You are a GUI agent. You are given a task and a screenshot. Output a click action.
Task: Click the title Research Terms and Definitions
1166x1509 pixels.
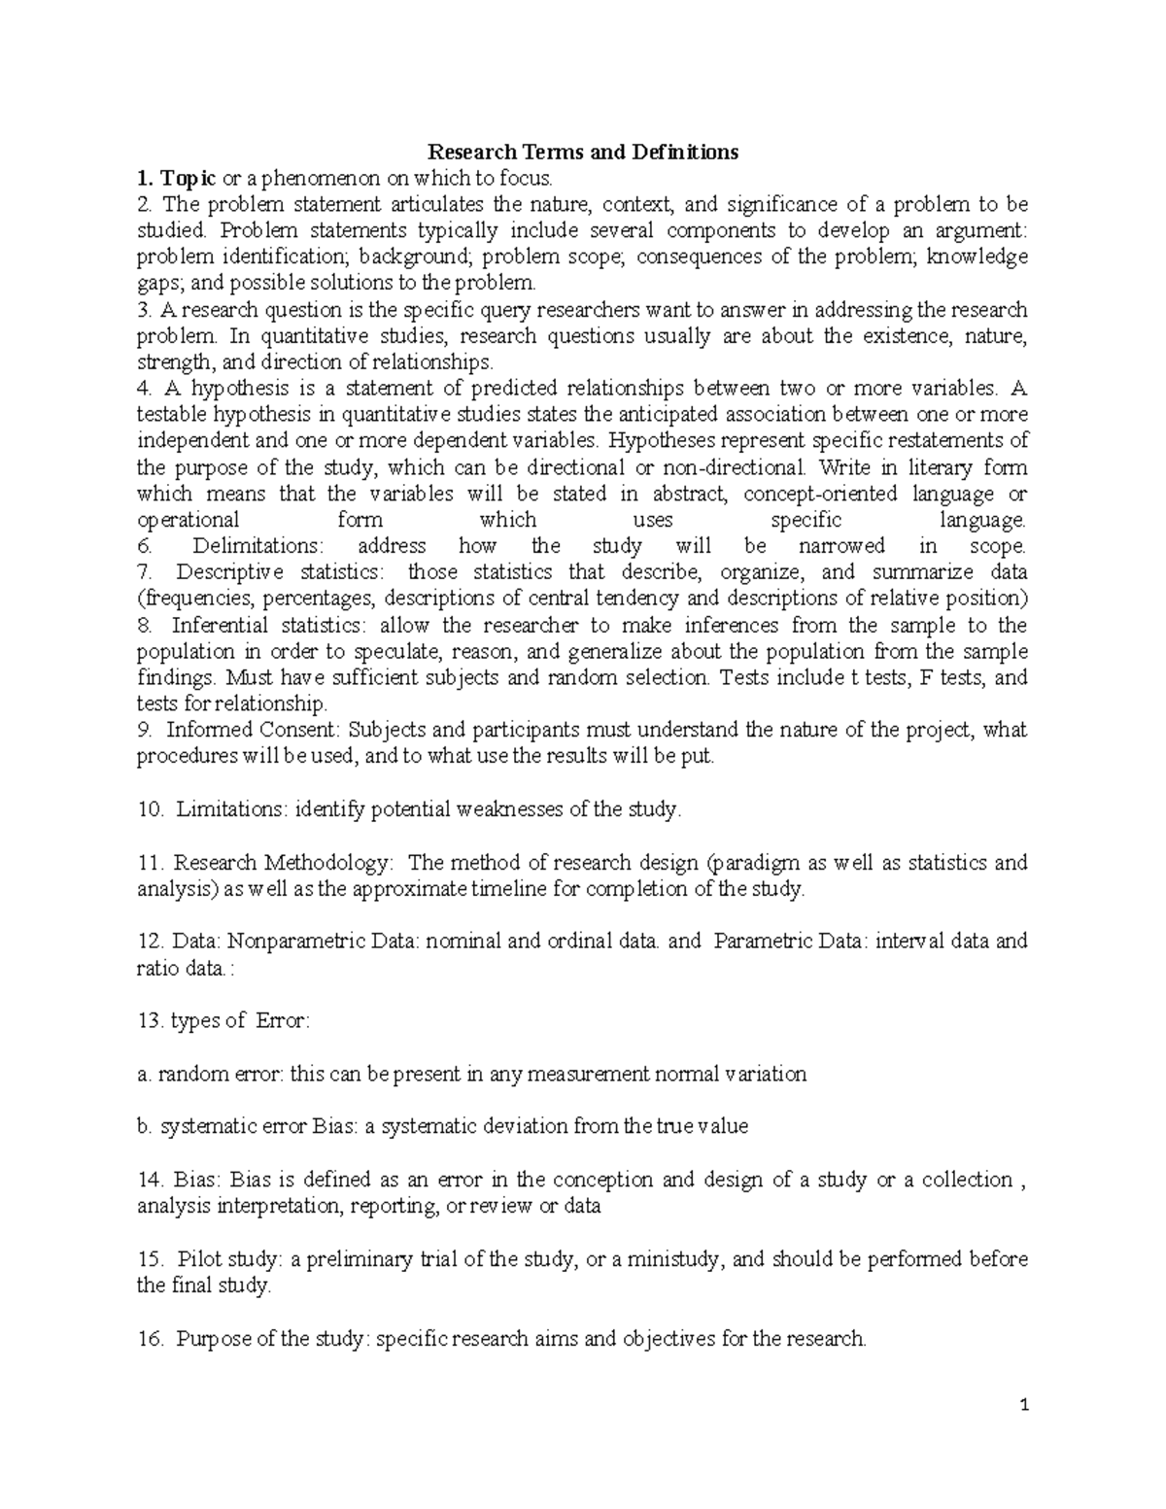click(x=583, y=153)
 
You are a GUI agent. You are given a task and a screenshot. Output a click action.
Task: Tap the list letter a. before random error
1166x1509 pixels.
click(x=144, y=1074)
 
